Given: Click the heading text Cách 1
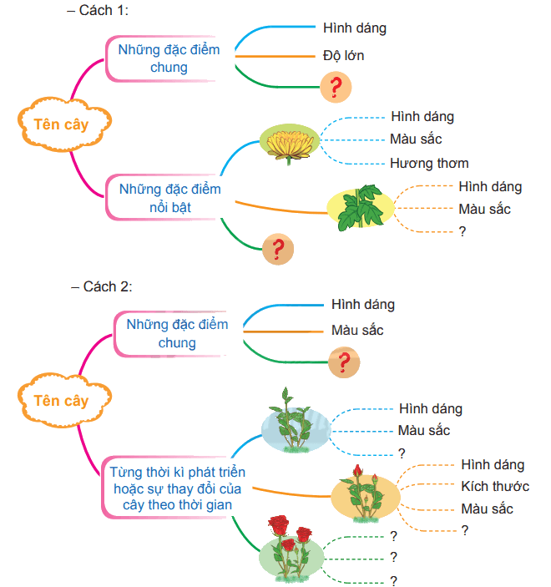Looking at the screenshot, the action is click(x=104, y=11).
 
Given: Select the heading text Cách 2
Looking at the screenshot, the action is click(x=108, y=286).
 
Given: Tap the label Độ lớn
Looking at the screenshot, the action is click(x=344, y=56).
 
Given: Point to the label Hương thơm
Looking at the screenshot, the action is click(x=429, y=163).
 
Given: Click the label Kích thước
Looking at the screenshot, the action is click(x=495, y=486).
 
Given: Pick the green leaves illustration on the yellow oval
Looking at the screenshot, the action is click(x=360, y=207).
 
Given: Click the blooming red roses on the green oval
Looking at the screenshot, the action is click(x=291, y=547).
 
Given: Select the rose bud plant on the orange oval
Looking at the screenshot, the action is click(x=366, y=493).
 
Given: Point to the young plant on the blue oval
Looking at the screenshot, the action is click(x=296, y=421).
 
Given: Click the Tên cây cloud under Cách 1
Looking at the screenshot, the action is click(x=64, y=124).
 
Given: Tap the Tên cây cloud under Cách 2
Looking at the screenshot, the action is click(x=64, y=401).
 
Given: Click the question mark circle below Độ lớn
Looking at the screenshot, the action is click(x=336, y=87).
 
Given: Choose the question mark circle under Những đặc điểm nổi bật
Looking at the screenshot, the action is click(x=278, y=250).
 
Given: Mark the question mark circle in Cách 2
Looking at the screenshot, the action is click(x=344, y=362).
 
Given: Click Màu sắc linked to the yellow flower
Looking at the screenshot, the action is click(x=416, y=139).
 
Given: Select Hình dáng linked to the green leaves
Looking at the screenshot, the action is click(x=490, y=186).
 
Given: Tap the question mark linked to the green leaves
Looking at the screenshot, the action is click(x=463, y=231).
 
